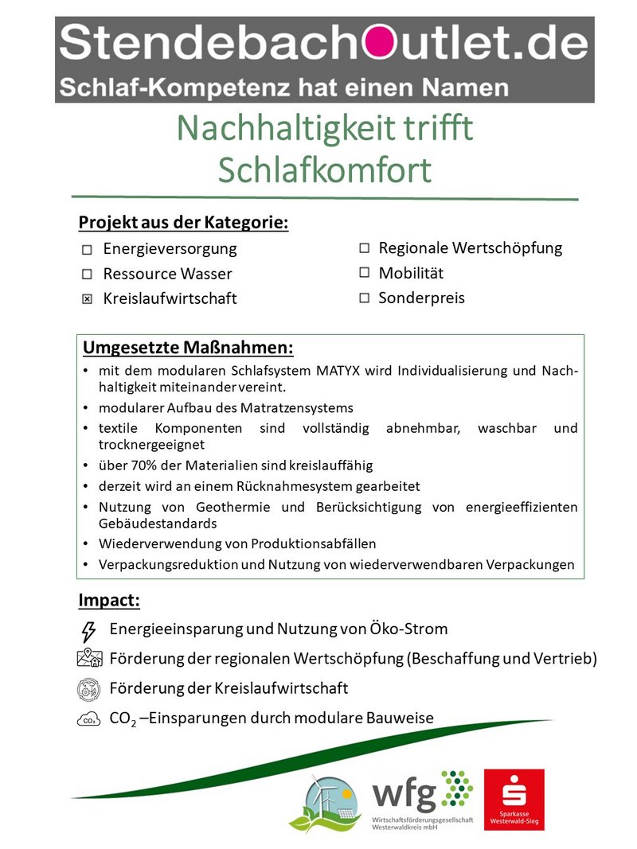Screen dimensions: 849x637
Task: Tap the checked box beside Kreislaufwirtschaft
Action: pos(87,299)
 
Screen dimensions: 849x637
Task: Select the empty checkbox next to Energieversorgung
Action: pos(87,250)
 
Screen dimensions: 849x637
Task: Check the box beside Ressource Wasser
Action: pos(87,275)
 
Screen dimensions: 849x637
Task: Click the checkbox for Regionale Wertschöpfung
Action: pos(364,247)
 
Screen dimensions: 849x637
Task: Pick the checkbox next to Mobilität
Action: pos(364,272)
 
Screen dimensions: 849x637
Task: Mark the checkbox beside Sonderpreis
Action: pos(364,298)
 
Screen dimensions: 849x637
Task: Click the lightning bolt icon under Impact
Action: pos(88,631)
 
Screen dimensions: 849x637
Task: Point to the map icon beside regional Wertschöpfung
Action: pos(89,658)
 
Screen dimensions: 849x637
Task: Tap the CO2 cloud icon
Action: pos(88,720)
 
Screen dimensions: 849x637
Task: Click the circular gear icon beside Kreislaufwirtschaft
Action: pos(88,688)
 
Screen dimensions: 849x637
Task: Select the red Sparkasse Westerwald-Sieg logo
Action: pos(514,799)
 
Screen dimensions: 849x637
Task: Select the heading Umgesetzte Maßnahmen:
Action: pos(188,349)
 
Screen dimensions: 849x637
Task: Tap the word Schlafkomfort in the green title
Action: pos(324,169)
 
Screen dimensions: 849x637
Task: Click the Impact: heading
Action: pos(109,599)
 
